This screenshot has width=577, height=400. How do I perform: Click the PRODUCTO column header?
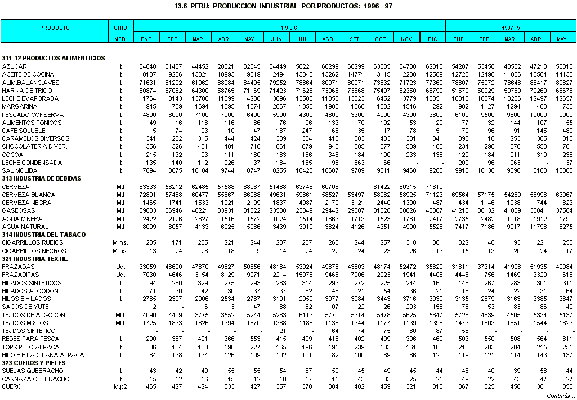point(55,28)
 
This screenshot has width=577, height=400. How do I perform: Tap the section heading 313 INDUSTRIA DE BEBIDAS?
point(42,178)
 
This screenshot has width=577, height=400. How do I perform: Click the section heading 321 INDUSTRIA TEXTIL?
point(34,259)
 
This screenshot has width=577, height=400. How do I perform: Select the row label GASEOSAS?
point(16,210)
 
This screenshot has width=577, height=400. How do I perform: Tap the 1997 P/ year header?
point(511,28)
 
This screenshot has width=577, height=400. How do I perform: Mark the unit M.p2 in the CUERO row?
point(120,387)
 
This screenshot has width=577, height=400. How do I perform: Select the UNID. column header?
point(121,28)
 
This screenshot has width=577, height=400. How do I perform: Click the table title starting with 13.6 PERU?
point(288,6)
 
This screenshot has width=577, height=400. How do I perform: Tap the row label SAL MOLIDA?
point(20,170)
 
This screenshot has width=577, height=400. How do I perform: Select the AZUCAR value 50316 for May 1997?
point(563,66)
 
